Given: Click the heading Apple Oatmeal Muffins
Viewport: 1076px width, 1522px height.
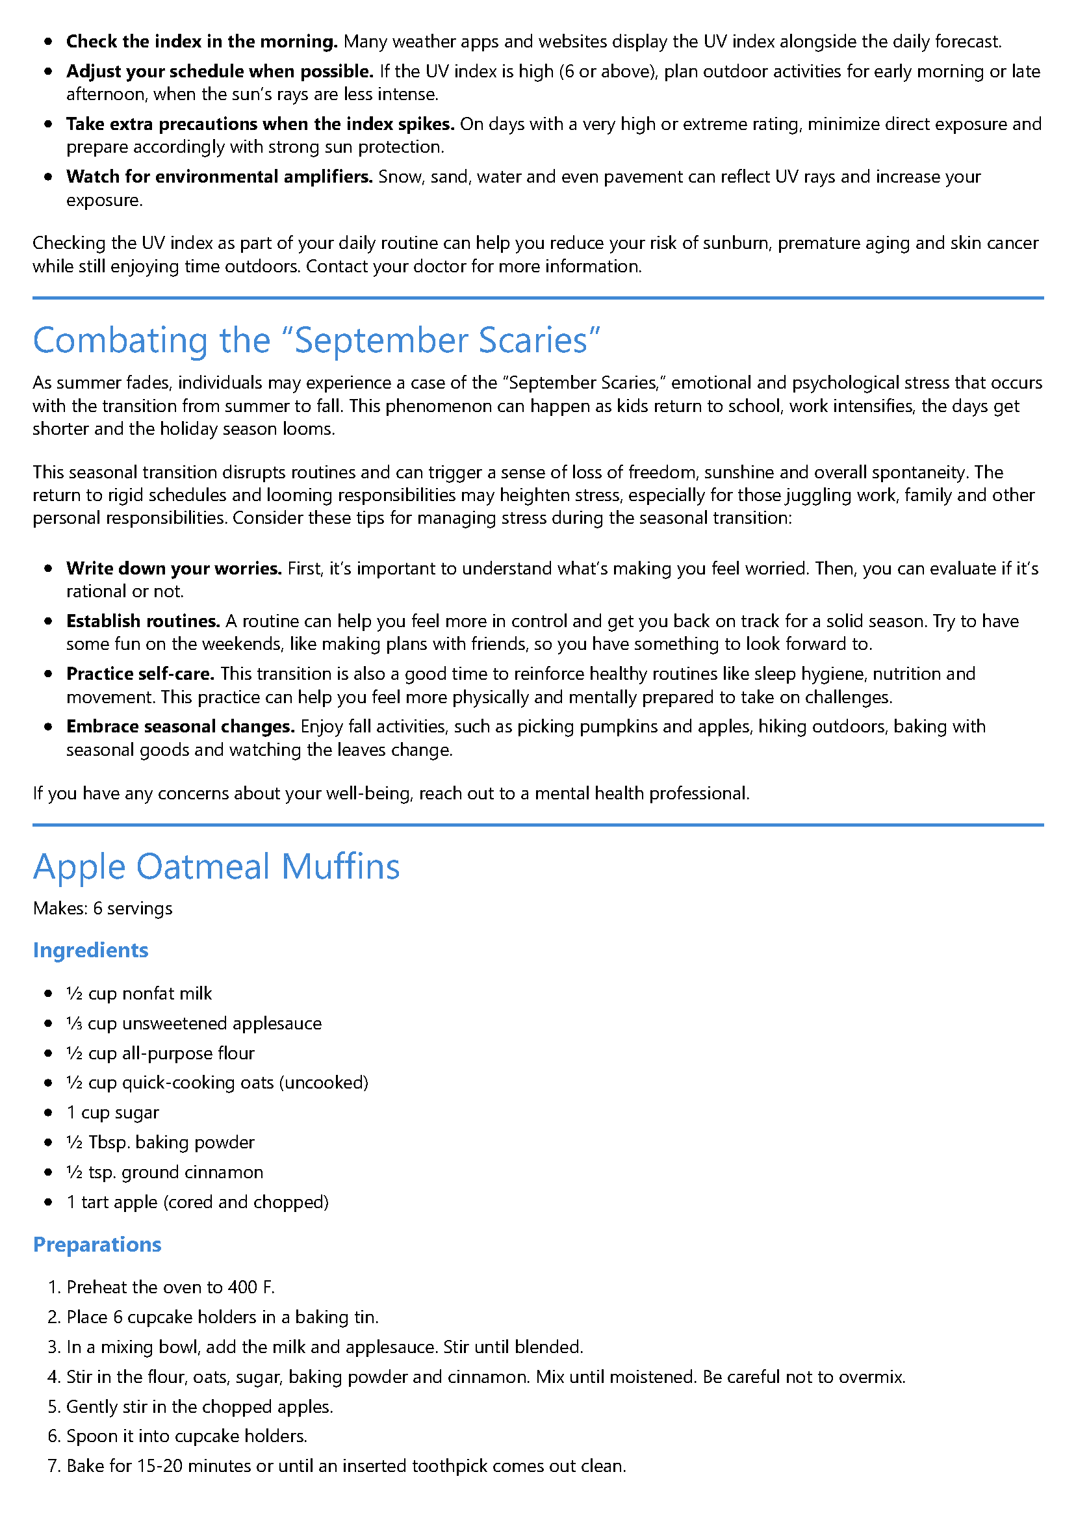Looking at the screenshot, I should click(x=216, y=866).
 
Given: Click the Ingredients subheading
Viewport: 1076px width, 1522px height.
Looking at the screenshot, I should click(x=90, y=950).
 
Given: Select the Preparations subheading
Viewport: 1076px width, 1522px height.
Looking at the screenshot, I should click(x=97, y=1245).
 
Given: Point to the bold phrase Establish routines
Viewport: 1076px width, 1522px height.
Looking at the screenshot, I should click(x=142, y=621).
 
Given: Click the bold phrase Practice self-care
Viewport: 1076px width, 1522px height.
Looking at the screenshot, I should click(x=140, y=673).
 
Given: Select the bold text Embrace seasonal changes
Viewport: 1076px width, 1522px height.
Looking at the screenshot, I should click(x=181, y=727).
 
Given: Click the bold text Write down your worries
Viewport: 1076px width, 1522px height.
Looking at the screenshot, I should click(x=173, y=569).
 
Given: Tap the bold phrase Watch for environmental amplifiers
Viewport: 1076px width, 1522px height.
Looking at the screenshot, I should click(x=219, y=177).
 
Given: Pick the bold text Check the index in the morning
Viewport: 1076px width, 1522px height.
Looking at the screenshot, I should click(x=201, y=42).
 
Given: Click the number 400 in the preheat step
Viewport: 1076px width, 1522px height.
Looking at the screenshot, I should click(x=242, y=1287).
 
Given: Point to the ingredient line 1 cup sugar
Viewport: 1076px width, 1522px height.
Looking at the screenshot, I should click(x=112, y=1113).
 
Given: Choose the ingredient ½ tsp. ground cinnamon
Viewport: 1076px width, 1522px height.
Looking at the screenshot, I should click(x=164, y=1172).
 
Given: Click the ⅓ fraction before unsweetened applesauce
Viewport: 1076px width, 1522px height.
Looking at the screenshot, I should click(x=73, y=1024).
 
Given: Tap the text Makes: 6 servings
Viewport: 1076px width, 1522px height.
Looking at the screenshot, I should click(x=103, y=908).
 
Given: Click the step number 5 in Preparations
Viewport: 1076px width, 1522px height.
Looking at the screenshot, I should click(x=53, y=1407).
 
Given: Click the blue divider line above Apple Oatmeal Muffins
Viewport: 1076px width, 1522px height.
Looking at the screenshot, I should click(x=537, y=825).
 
